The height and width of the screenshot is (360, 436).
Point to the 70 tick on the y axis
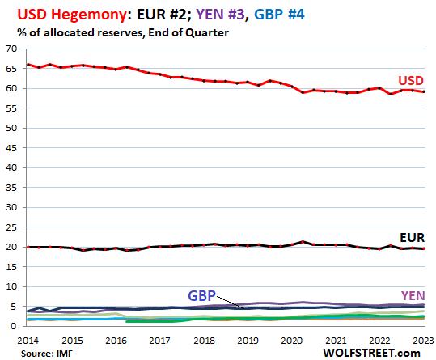11,50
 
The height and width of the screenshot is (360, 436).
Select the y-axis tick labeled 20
11,248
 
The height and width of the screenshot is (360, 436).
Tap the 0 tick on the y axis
15,326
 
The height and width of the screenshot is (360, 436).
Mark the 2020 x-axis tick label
291,341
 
